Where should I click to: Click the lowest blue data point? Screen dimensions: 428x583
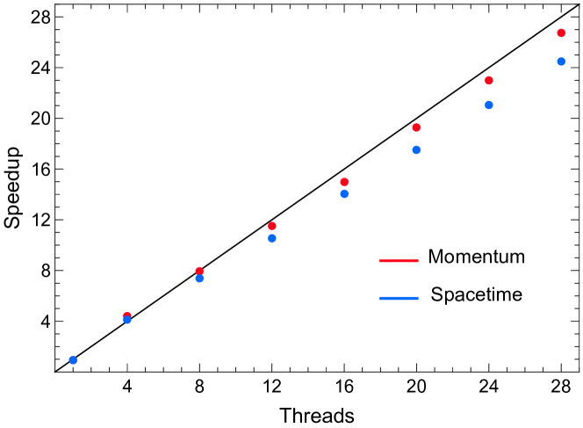pyautogui.click(x=73, y=359)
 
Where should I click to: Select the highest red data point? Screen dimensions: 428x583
pyautogui.click(x=561, y=33)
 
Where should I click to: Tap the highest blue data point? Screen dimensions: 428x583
pyautogui.click(x=561, y=62)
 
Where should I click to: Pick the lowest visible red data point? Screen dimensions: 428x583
pyautogui.click(x=127, y=314)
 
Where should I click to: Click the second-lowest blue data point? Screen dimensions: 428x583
pyautogui.click(x=127, y=320)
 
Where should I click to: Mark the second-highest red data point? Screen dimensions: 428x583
pyautogui.click(x=489, y=81)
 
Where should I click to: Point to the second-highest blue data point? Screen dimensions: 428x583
pyautogui.click(x=489, y=105)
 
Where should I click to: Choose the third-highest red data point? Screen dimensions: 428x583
pyautogui.click(x=416, y=127)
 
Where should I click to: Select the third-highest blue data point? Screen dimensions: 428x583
pyautogui.click(x=416, y=149)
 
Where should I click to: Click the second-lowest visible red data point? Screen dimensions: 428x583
pyautogui.click(x=199, y=271)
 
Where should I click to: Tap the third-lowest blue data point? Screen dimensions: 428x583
pyautogui.click(x=199, y=279)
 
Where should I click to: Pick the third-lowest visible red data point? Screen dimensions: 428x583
pyautogui.click(x=272, y=226)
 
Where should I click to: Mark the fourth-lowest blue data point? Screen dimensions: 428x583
pyautogui.click(x=272, y=238)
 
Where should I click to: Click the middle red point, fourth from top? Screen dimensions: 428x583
pyautogui.click(x=344, y=182)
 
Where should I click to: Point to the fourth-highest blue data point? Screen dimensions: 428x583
pyautogui.click(x=344, y=194)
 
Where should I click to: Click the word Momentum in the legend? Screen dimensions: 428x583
pyautogui.click(x=476, y=258)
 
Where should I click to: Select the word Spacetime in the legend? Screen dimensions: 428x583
pyautogui.click(x=476, y=295)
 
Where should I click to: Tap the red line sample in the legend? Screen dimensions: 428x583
pyautogui.click(x=399, y=260)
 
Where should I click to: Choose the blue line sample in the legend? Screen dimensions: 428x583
pyautogui.click(x=399, y=298)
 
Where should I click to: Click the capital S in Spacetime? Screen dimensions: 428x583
pyautogui.click(x=436, y=295)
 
